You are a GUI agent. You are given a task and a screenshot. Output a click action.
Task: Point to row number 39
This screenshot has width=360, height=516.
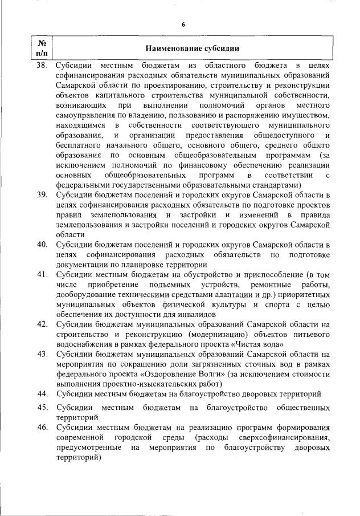click(x=42, y=195)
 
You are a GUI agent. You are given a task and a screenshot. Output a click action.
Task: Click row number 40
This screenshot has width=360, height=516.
click(x=42, y=245)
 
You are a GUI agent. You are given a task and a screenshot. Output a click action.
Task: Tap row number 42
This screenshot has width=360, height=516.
click(x=42, y=324)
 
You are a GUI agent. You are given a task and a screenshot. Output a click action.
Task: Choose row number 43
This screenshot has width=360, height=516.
click(x=42, y=354)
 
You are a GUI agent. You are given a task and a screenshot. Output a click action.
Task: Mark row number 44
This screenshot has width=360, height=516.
click(x=42, y=394)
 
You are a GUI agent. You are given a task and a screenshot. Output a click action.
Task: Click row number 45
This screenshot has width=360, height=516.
click(x=42, y=408)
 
